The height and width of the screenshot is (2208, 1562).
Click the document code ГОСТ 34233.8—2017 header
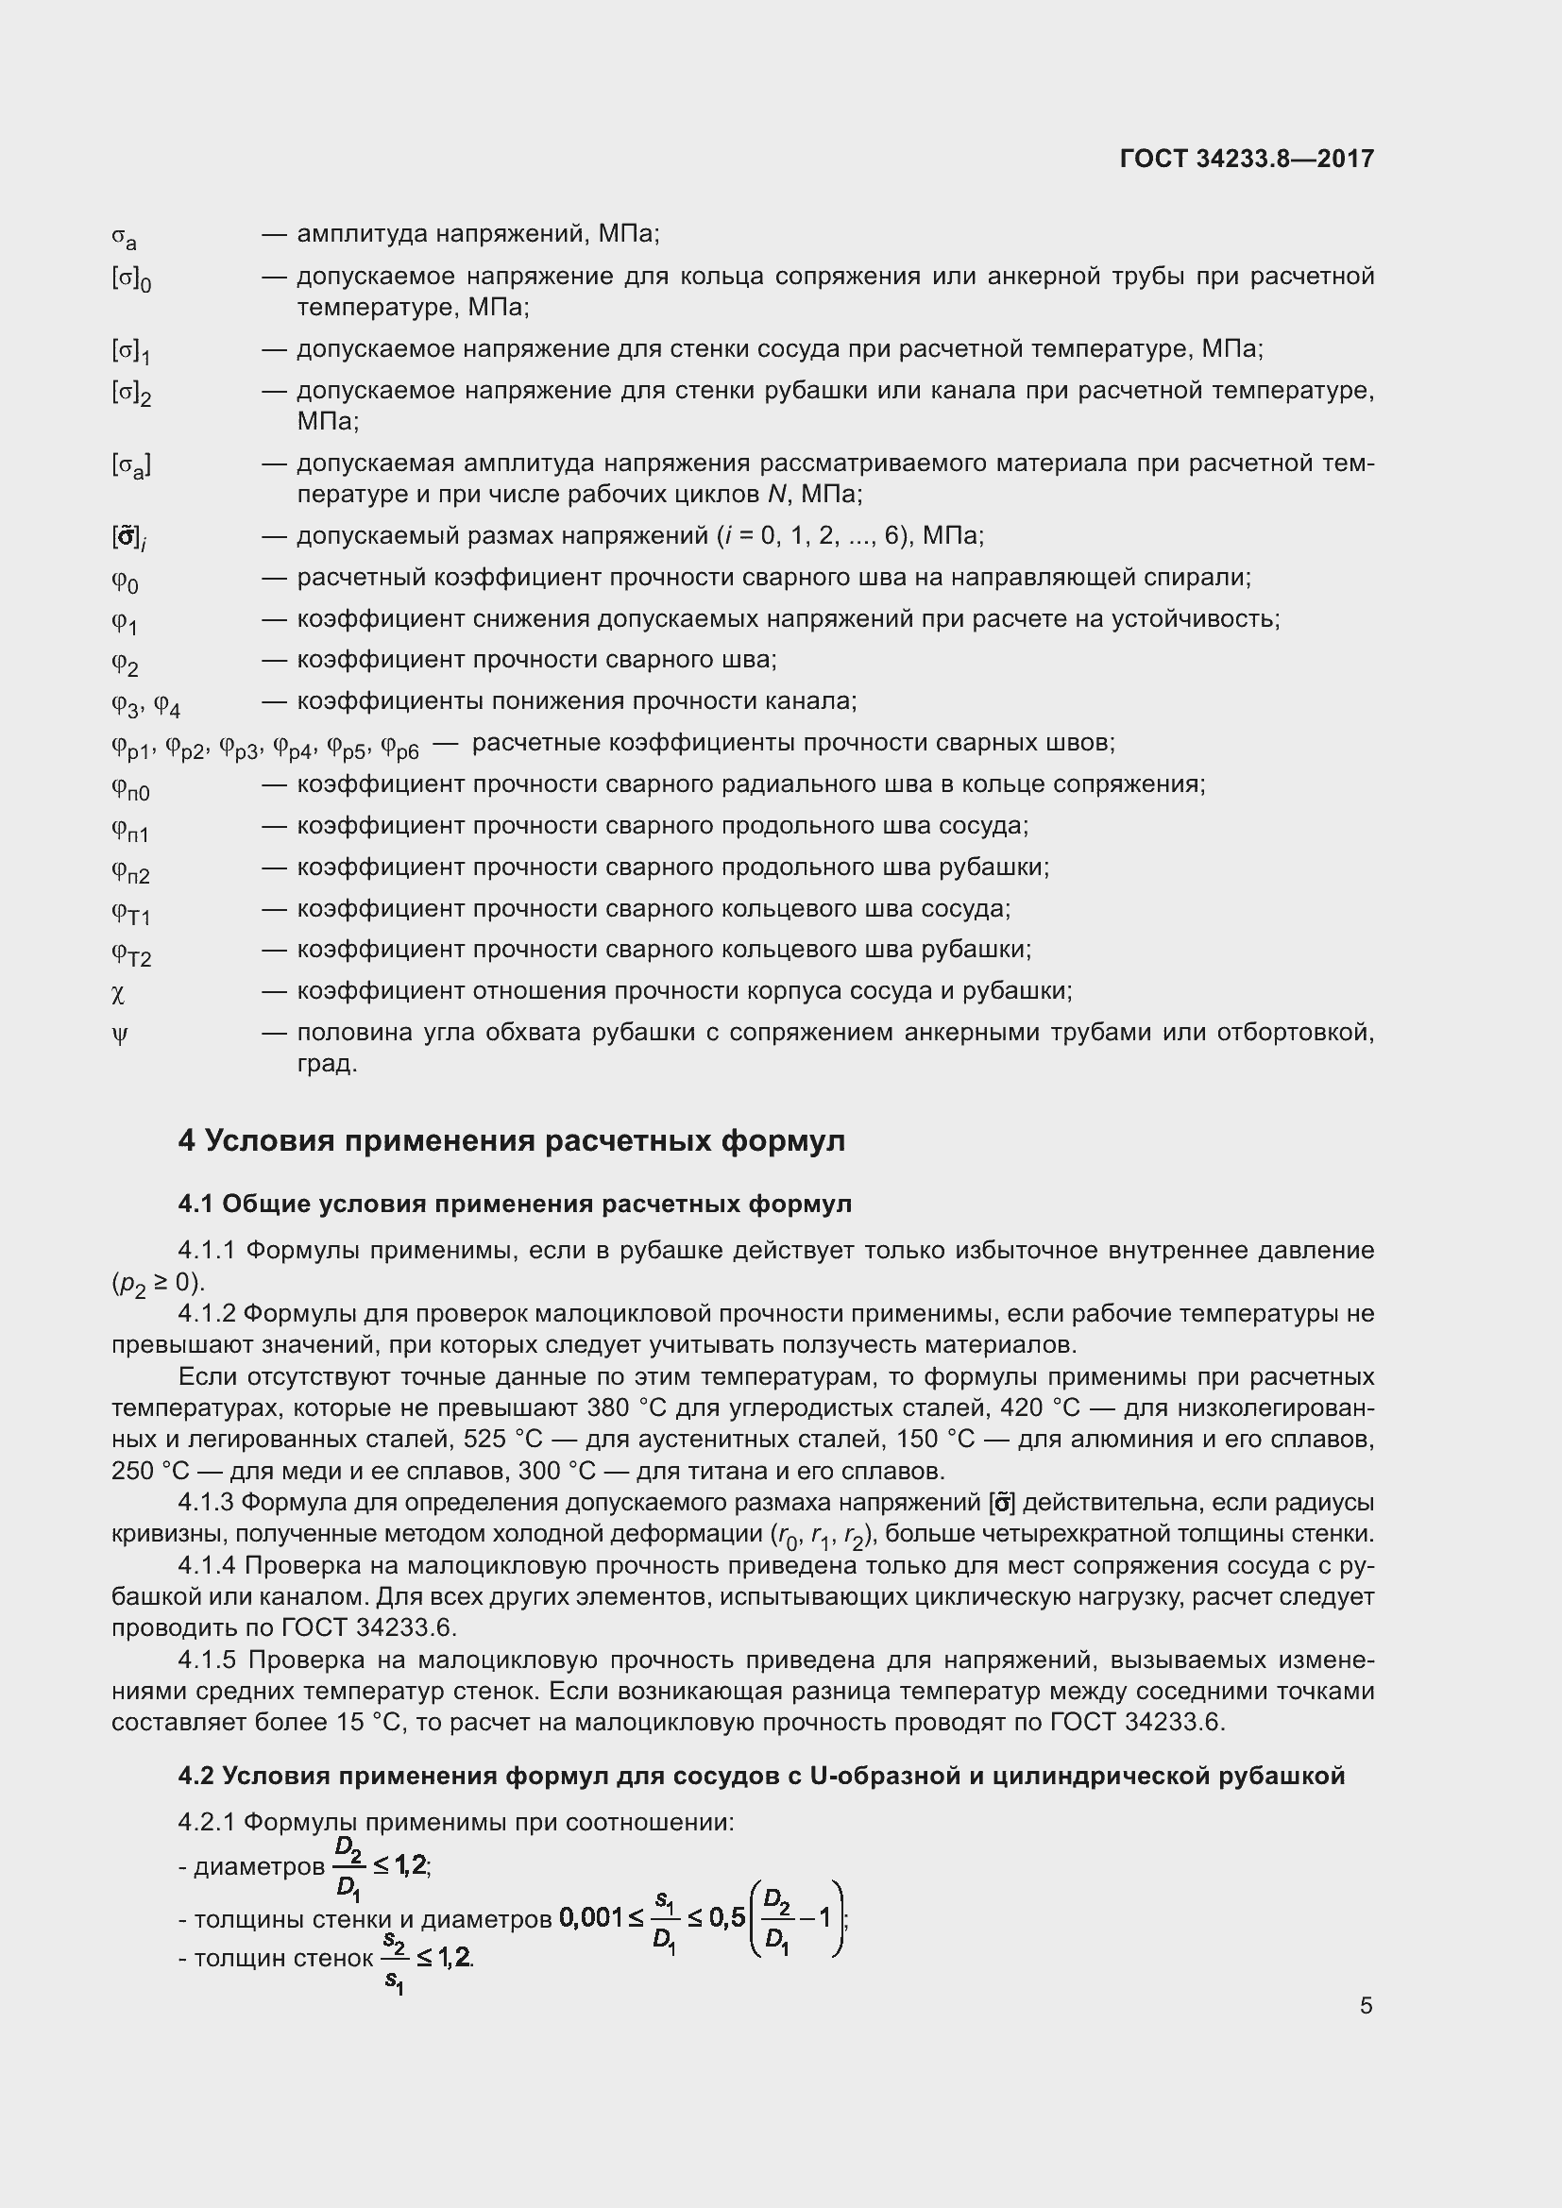[1247, 159]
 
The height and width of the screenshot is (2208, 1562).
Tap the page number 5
[1366, 2005]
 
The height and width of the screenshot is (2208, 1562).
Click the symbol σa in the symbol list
[124, 237]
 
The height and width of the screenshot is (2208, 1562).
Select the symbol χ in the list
[118, 992]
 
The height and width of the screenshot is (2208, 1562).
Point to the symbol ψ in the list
[119, 1035]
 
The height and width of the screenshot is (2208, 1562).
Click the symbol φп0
[131, 788]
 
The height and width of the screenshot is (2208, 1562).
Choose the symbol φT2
[132, 954]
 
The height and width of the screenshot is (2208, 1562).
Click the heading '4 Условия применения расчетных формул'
[511, 1140]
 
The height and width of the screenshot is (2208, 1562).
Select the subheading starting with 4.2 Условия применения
[761, 1776]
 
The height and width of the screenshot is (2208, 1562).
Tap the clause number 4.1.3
[206, 1502]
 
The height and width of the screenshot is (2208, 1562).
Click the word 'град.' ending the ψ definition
[327, 1065]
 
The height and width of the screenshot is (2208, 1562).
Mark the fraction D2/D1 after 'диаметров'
[348, 1869]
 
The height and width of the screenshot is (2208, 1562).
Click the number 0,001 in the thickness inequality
[590, 1918]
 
